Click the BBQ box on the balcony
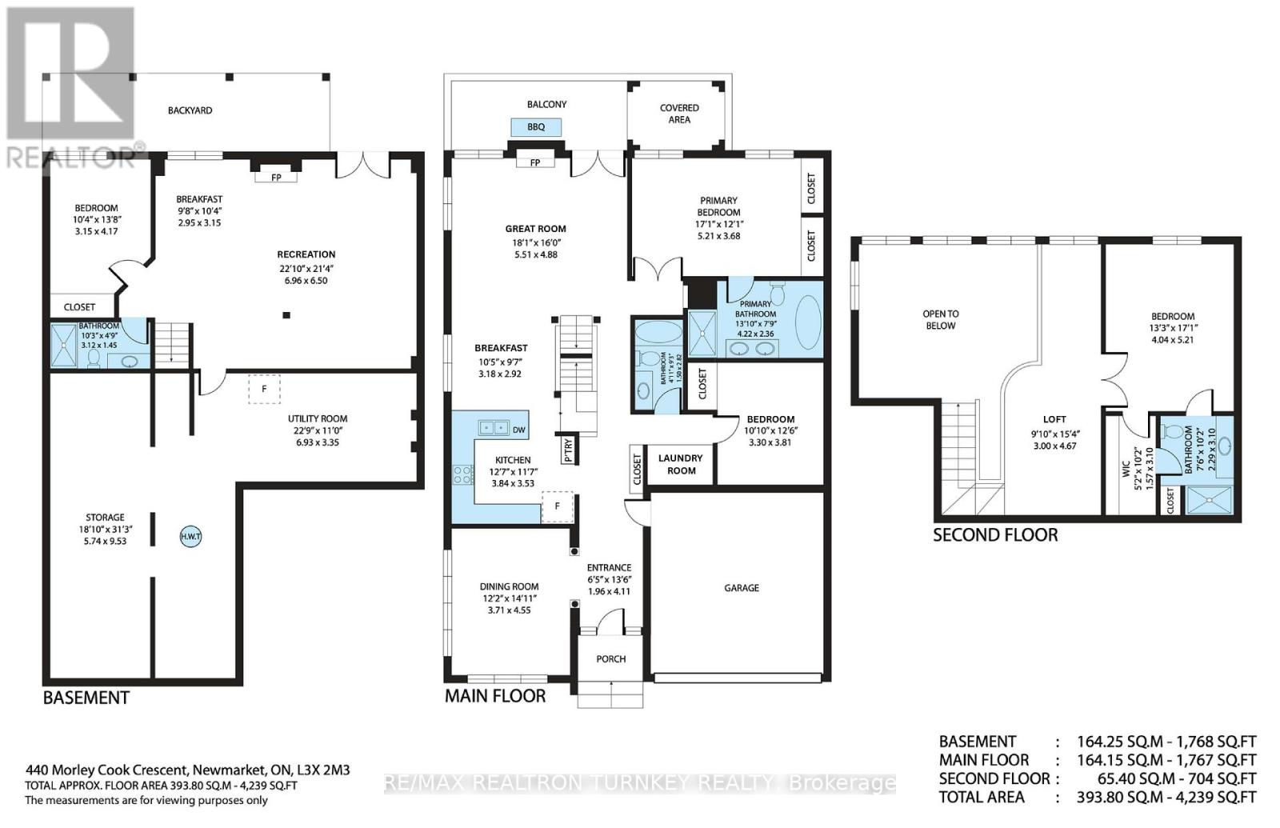(x=535, y=127)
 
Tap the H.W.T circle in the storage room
(x=190, y=537)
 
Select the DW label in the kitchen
(x=518, y=430)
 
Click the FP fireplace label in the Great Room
(x=535, y=162)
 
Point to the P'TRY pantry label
(x=568, y=450)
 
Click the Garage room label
(x=741, y=587)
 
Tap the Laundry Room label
(x=680, y=464)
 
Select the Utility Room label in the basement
(x=318, y=418)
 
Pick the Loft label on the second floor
(x=1054, y=418)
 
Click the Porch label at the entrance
(x=610, y=658)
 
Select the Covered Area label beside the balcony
(x=678, y=114)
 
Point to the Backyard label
(x=190, y=110)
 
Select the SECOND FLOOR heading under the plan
(x=994, y=534)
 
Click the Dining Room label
(x=509, y=586)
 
